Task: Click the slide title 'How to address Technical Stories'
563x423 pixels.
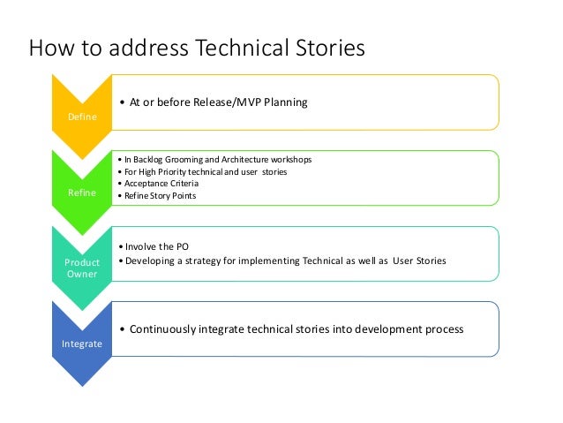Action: click(x=196, y=48)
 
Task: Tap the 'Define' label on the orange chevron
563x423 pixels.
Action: click(x=80, y=114)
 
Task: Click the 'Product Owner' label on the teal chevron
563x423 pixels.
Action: click(x=80, y=268)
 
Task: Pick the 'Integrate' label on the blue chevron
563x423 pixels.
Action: click(x=80, y=343)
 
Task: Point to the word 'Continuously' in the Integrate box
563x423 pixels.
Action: click(x=164, y=329)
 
